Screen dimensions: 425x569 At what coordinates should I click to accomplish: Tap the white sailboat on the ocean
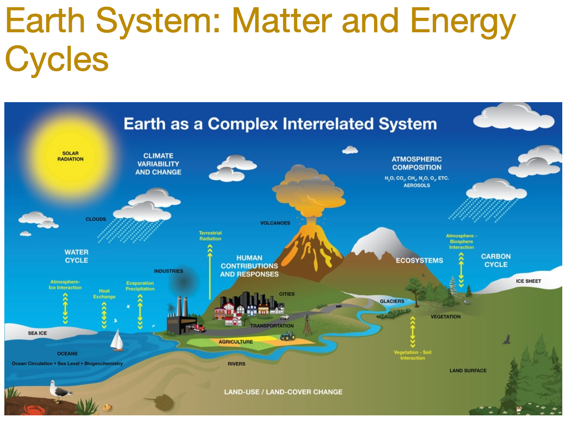117,341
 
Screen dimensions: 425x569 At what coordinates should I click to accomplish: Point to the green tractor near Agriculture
287,336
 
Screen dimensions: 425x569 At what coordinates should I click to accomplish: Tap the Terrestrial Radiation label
210,236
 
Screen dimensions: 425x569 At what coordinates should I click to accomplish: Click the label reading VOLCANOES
275,223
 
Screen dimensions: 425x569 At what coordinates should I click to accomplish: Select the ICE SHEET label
529,281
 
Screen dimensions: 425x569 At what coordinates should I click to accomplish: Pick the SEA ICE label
38,333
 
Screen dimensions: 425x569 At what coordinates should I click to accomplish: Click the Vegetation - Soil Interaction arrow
413,332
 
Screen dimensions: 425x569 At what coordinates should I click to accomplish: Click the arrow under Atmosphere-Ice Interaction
65,308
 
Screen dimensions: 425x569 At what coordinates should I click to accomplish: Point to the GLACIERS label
392,301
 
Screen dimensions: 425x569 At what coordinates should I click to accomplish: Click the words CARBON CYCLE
496,260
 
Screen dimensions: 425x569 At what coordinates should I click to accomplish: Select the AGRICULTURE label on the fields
235,342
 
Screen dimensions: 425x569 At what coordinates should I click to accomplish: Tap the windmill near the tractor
307,326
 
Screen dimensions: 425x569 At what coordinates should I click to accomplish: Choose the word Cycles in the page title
57,59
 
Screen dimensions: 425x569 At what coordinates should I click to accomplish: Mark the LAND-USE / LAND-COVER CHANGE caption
283,392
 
